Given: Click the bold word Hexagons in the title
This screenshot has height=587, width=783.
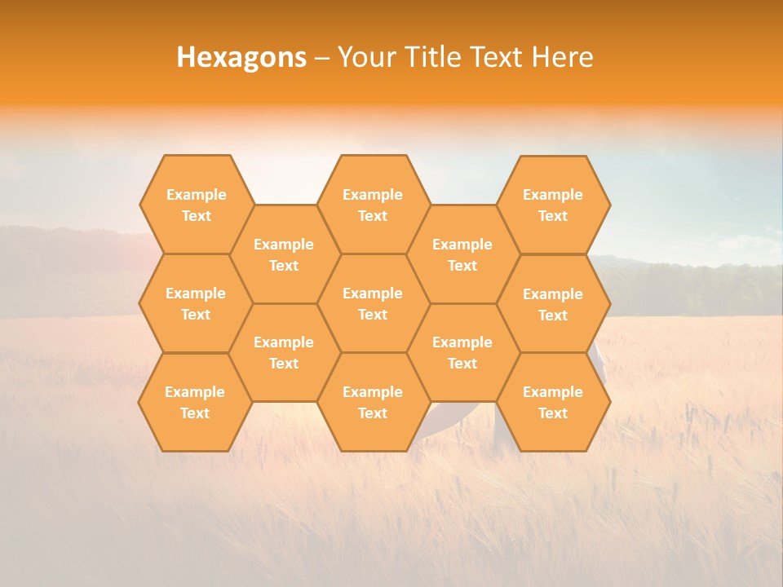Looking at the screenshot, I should coord(241,57).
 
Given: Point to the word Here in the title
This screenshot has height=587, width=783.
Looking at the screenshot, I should coord(562,57).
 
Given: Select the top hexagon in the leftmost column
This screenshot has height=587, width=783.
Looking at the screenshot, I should coord(196,205).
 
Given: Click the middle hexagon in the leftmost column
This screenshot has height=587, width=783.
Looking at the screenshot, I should coord(196,303).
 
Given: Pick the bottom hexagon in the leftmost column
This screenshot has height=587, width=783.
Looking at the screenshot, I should coord(195,402).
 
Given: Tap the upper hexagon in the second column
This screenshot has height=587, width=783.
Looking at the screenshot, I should coord(284,254).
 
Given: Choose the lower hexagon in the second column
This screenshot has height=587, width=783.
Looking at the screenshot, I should coord(284,352).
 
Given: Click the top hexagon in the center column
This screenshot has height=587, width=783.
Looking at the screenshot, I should coord(373,205).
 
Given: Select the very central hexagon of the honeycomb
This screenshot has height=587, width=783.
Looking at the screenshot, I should coord(373,303).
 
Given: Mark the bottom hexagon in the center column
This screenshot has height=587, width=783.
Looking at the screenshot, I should coord(373,402).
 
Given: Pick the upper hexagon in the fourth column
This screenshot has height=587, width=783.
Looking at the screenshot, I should coord(462,254).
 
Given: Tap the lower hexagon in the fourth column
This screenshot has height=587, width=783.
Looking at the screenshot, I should coord(462,352).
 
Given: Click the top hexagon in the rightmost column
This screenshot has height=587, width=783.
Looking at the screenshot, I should coord(553,205).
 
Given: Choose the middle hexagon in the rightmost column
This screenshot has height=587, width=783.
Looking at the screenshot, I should coord(553,304).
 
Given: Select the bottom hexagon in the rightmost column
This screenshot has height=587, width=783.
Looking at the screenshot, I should coord(553,402).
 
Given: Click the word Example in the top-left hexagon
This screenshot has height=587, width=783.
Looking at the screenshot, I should coord(196,195).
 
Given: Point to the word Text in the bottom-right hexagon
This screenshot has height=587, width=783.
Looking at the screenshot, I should coord(553,413).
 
